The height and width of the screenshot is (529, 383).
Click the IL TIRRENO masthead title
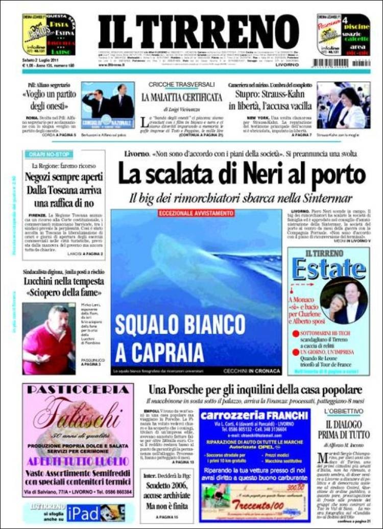(x=198, y=32)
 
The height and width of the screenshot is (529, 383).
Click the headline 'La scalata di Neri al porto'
(x=242, y=175)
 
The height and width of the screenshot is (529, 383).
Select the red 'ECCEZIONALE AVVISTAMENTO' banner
(x=196, y=213)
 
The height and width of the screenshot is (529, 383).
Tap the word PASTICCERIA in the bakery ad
(x=78, y=390)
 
